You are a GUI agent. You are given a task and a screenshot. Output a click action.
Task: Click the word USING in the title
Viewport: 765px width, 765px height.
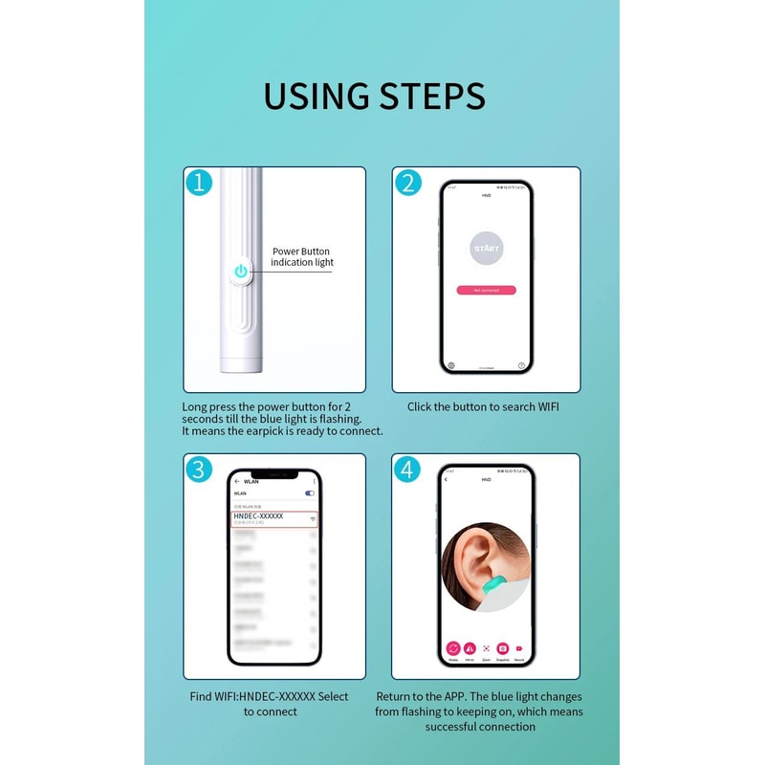click(316, 97)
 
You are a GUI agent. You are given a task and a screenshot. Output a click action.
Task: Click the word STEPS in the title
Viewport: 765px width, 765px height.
click(433, 97)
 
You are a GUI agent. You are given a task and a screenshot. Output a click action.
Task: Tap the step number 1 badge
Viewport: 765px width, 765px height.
click(198, 183)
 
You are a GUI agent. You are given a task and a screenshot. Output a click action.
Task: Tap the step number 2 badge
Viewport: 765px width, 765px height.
click(407, 183)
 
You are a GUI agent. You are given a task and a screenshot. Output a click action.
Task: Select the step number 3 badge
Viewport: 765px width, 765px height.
click(198, 469)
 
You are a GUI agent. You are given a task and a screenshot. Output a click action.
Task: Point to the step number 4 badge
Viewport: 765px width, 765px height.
click(407, 469)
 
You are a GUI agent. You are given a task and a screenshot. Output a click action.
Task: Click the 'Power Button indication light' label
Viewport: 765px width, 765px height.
click(301, 256)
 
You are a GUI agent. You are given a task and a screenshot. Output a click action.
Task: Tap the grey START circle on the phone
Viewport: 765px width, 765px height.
click(486, 249)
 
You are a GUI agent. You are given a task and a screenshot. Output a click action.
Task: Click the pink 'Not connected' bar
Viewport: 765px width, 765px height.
click(486, 290)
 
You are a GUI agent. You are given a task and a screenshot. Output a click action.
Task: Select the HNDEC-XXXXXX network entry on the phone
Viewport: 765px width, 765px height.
click(273, 518)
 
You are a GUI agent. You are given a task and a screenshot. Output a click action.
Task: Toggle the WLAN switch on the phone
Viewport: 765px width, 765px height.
click(310, 493)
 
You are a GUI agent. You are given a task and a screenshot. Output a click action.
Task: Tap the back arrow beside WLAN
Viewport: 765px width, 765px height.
click(236, 481)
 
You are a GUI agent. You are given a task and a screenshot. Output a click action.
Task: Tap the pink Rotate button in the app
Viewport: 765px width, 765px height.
click(452, 647)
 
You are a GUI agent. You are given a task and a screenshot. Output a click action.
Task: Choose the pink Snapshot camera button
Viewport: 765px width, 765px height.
click(502, 647)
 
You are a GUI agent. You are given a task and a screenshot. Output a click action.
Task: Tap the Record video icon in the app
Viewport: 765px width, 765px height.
click(519, 647)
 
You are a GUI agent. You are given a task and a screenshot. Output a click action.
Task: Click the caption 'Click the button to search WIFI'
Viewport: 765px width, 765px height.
click(483, 406)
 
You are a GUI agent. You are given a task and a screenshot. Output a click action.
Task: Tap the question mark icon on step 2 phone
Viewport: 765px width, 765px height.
click(521, 364)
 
